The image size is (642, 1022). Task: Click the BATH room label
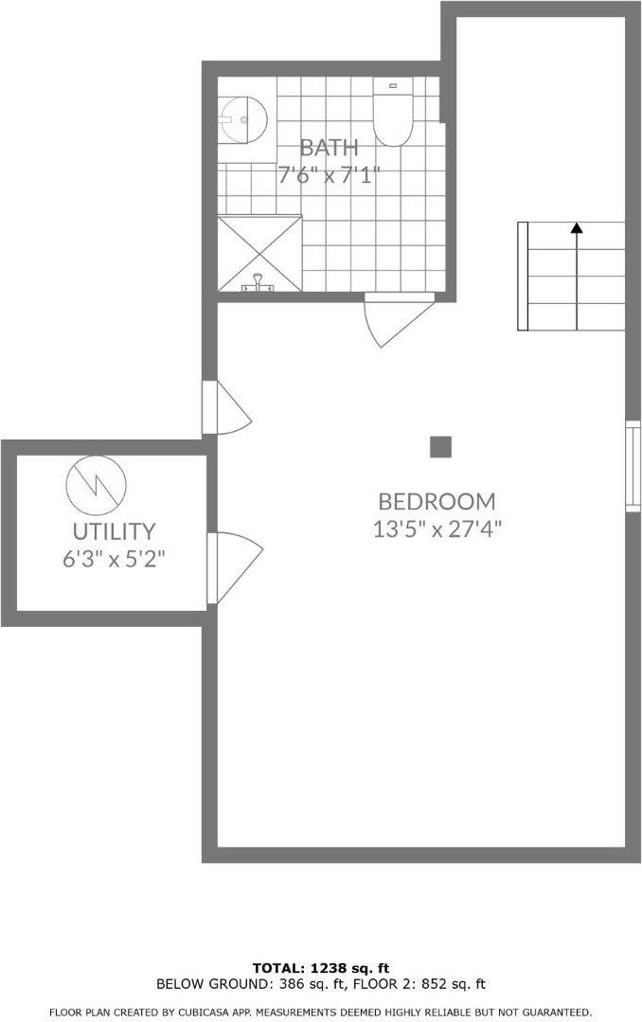[x=330, y=148]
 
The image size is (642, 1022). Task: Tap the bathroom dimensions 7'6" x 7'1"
[x=330, y=175]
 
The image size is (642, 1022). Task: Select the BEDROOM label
[x=437, y=501]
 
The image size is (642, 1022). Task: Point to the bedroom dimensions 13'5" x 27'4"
[x=437, y=529]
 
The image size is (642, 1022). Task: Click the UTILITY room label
[x=114, y=532]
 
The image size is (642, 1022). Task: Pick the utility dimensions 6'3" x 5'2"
[x=114, y=559]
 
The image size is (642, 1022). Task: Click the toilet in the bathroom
[x=393, y=112]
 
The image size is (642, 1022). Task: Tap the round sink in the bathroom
[x=242, y=120]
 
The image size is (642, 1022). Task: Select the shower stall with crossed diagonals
[x=260, y=254]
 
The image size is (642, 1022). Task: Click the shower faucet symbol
[x=259, y=283]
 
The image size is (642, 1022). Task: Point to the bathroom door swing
[x=399, y=319]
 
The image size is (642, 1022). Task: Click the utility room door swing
[x=235, y=567]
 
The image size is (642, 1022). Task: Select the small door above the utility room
[x=226, y=408]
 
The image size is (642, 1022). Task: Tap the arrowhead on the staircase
[x=576, y=228]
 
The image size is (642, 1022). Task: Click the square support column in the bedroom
[x=440, y=447]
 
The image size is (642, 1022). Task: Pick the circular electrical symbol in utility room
[x=97, y=485]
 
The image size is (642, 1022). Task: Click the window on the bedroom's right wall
[x=633, y=466]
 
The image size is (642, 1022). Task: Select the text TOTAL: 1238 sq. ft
[x=321, y=969]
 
